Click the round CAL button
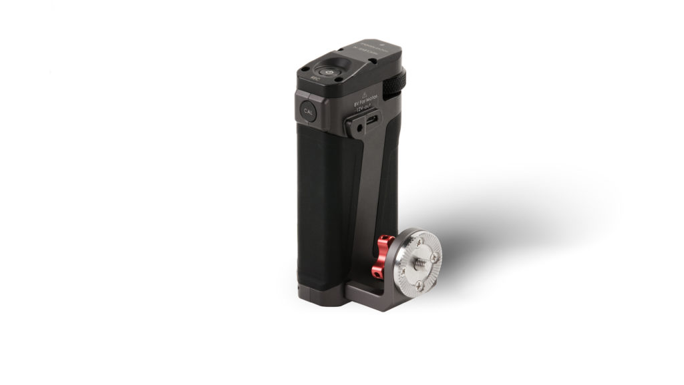(x=308, y=111)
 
